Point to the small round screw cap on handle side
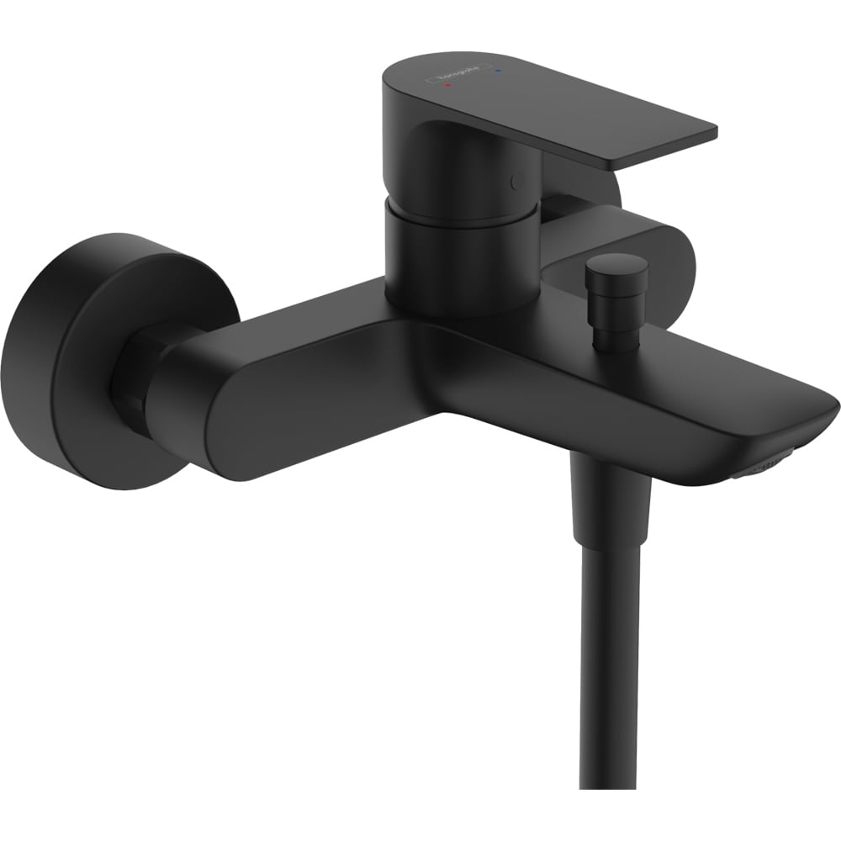(516, 179)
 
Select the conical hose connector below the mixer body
(611, 505)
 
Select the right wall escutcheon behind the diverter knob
(664, 252)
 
